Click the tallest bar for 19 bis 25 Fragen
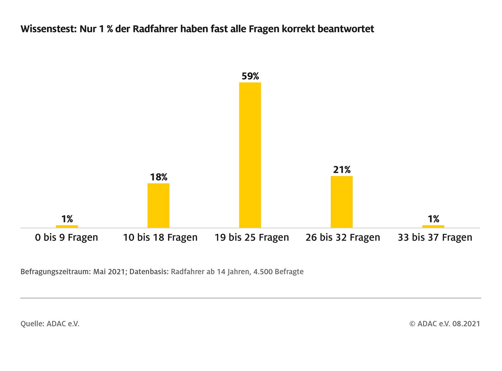(x=250, y=155)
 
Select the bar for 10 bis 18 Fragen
(x=158, y=205)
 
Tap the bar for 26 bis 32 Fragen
(x=342, y=202)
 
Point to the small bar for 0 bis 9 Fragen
(x=67, y=226)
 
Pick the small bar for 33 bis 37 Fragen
(x=433, y=226)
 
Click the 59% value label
(x=250, y=76)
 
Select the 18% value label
(x=159, y=177)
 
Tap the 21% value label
(x=342, y=170)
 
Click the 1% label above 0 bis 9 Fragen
(x=67, y=219)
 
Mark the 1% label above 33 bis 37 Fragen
(x=433, y=219)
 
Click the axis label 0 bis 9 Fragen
(x=67, y=237)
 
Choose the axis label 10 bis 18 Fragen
(x=160, y=237)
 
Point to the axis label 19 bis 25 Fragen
(x=252, y=237)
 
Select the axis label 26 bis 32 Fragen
(x=343, y=237)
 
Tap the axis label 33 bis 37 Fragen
(x=435, y=237)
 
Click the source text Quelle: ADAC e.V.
(x=50, y=324)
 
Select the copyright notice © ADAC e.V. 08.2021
(x=445, y=324)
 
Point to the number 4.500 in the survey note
(x=262, y=272)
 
